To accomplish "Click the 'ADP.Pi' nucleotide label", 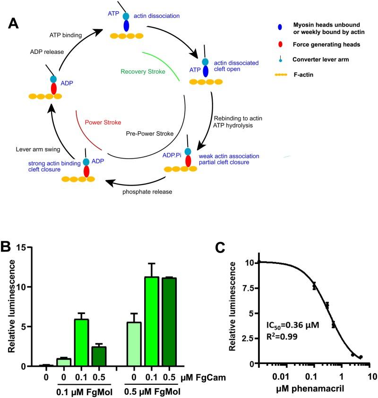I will pyautogui.click(x=171, y=154).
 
